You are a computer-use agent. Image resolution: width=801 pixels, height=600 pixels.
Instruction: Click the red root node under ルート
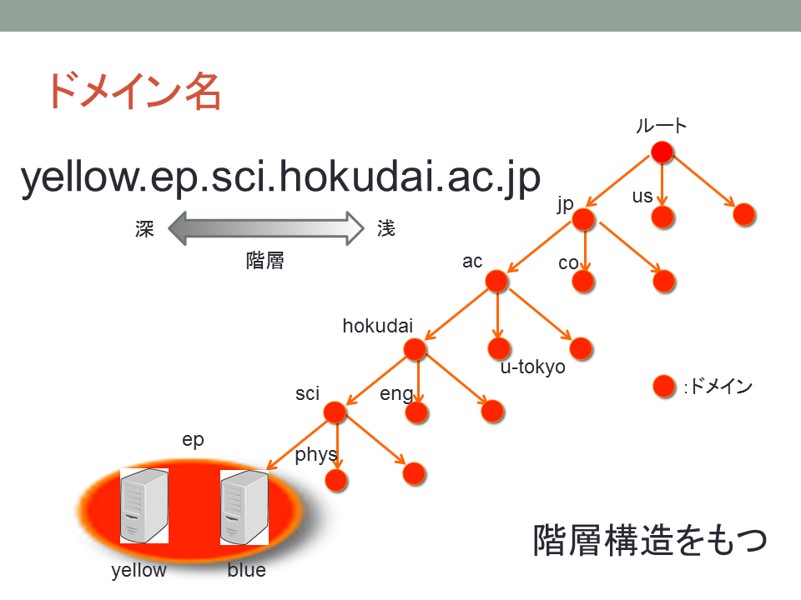(x=662, y=152)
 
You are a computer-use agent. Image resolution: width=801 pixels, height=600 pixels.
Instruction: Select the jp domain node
(x=583, y=220)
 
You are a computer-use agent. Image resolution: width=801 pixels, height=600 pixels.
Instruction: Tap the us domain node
(x=663, y=217)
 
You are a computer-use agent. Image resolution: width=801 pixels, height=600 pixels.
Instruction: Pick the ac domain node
(x=496, y=281)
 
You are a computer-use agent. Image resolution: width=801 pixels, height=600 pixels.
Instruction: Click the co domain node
(x=583, y=281)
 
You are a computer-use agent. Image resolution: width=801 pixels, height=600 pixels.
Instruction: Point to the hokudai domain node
(x=415, y=349)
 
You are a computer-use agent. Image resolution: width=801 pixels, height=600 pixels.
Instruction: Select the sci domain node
(x=335, y=412)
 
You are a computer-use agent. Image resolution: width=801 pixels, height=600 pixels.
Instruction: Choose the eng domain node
(x=417, y=412)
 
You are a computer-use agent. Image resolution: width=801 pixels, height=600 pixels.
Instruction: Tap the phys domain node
(x=336, y=480)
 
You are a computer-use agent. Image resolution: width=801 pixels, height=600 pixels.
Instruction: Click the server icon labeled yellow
(x=144, y=506)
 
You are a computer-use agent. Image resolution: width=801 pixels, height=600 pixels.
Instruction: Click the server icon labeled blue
(x=244, y=507)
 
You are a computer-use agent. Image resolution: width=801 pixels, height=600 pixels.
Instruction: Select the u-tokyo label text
(x=533, y=367)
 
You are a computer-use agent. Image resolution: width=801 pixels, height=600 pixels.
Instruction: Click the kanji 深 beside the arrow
(x=144, y=229)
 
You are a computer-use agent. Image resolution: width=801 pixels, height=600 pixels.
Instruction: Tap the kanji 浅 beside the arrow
(x=386, y=228)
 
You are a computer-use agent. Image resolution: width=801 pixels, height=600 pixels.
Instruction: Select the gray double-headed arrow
(x=266, y=228)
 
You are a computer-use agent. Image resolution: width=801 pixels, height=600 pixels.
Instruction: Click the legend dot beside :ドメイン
(x=665, y=386)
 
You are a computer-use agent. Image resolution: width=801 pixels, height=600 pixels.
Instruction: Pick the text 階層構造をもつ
(x=650, y=540)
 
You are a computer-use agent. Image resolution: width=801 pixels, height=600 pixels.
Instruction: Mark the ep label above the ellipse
(x=193, y=440)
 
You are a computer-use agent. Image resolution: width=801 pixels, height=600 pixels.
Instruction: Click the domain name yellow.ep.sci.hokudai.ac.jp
(x=280, y=177)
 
